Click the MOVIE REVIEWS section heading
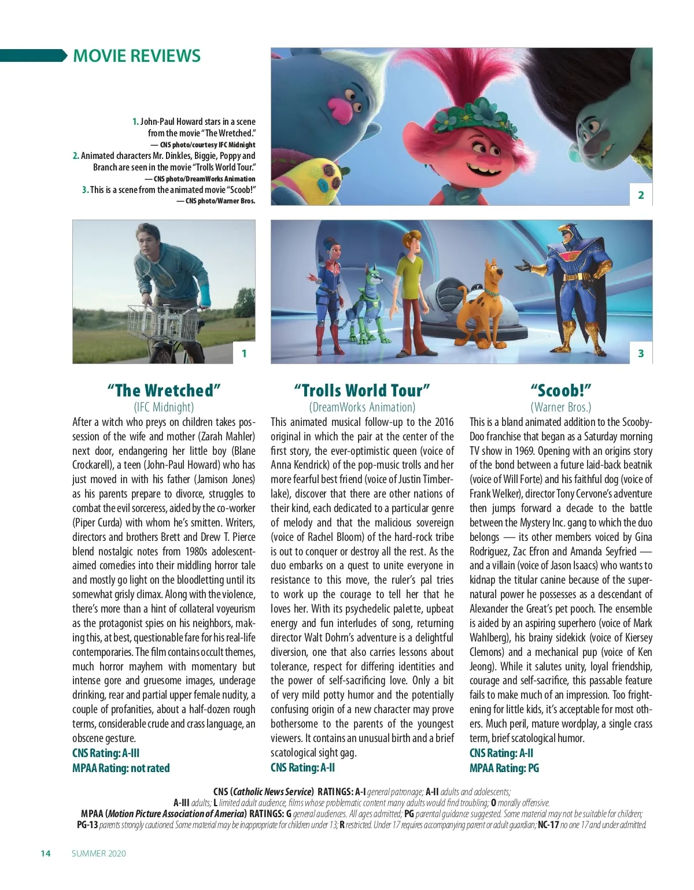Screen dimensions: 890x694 [x=136, y=56]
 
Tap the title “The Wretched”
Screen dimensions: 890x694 [x=164, y=390]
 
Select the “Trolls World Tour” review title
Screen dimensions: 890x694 [x=362, y=390]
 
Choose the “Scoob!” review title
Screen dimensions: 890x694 [x=560, y=390]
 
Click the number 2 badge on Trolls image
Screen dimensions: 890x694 [x=641, y=195]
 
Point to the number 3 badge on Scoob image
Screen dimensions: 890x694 [x=641, y=353]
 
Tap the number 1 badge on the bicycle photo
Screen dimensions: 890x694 [x=244, y=353]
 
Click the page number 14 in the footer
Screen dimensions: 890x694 [x=46, y=854]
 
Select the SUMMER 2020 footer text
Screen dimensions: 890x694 [x=99, y=854]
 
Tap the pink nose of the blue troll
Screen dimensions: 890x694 [x=339, y=108]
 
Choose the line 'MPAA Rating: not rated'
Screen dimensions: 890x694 [x=121, y=768]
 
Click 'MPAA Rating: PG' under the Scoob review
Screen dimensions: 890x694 [x=504, y=768]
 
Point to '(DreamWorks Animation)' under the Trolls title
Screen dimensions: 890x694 [x=362, y=407]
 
